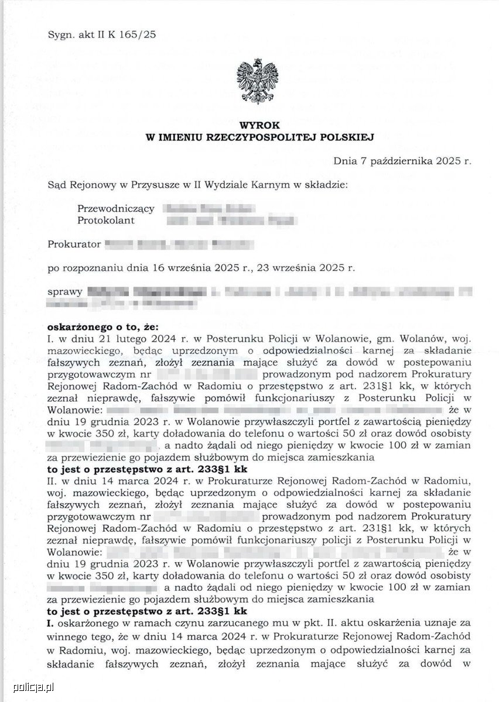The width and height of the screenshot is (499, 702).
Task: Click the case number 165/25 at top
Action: [136, 35]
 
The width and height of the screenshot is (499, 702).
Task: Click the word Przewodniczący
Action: [107, 208]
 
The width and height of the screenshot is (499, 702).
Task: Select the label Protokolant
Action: [106, 220]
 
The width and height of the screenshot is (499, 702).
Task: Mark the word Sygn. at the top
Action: [61, 35]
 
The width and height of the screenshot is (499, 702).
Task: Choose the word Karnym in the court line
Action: [265, 185]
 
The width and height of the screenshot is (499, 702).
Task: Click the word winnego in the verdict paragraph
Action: [66, 636]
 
